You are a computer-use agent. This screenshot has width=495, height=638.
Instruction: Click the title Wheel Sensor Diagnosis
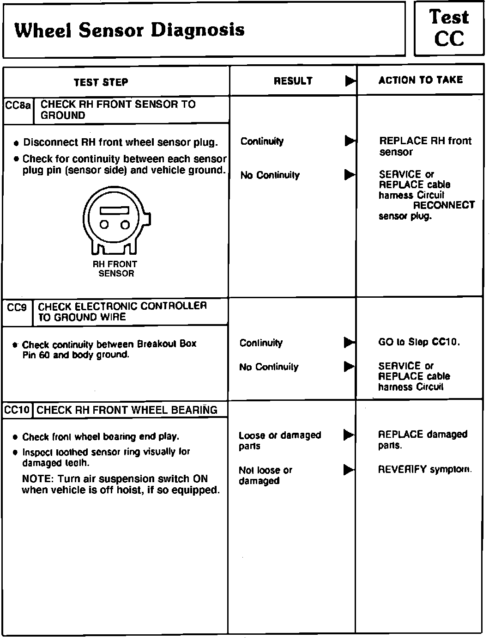tap(129, 30)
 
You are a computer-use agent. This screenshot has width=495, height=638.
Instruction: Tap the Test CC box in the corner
tap(449, 29)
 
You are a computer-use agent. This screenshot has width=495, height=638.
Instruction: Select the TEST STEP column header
tap(101, 82)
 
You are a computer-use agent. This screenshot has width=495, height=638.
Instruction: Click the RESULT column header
tap(293, 81)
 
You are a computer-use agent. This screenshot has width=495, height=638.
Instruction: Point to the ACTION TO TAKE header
tap(420, 80)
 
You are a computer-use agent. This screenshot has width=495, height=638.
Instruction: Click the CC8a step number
tap(18, 105)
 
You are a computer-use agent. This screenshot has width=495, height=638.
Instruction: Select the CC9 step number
tap(17, 307)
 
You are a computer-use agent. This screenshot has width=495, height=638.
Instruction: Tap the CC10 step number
tap(17, 410)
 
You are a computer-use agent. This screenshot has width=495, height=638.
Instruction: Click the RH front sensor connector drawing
tap(115, 222)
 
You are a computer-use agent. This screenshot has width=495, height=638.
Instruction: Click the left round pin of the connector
tap(104, 225)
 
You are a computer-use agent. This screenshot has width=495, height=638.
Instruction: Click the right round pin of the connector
tap(125, 225)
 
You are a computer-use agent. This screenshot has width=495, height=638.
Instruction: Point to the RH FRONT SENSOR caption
tap(115, 269)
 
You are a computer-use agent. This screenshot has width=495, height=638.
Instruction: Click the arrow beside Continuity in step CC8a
tap(350, 141)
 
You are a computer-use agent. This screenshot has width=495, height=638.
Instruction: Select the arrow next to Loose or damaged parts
tap(349, 435)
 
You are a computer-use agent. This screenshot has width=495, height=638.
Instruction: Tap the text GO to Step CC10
tap(419, 342)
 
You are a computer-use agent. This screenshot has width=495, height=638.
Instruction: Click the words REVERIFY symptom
tap(424, 470)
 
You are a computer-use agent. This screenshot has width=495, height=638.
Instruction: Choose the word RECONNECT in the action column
tap(443, 205)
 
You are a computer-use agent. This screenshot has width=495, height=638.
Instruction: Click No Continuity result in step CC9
tap(269, 367)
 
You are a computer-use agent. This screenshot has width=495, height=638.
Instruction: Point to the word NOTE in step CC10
tap(36, 479)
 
